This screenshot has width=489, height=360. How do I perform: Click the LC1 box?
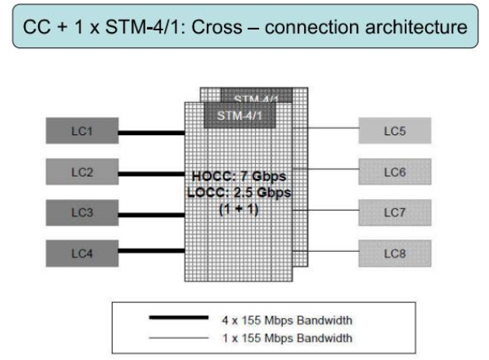click(x=82, y=131)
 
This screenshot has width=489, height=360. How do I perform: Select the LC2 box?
click(x=82, y=171)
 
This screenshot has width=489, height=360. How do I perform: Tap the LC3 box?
click(x=82, y=211)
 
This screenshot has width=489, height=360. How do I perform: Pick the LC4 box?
click(x=82, y=251)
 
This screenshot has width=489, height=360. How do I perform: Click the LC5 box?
click(x=393, y=131)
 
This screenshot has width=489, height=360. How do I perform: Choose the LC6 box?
click(x=393, y=171)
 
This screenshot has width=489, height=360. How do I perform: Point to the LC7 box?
click(x=393, y=211)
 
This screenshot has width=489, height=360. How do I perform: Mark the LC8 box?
click(x=393, y=251)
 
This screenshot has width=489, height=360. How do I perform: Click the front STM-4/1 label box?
click(x=234, y=116)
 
